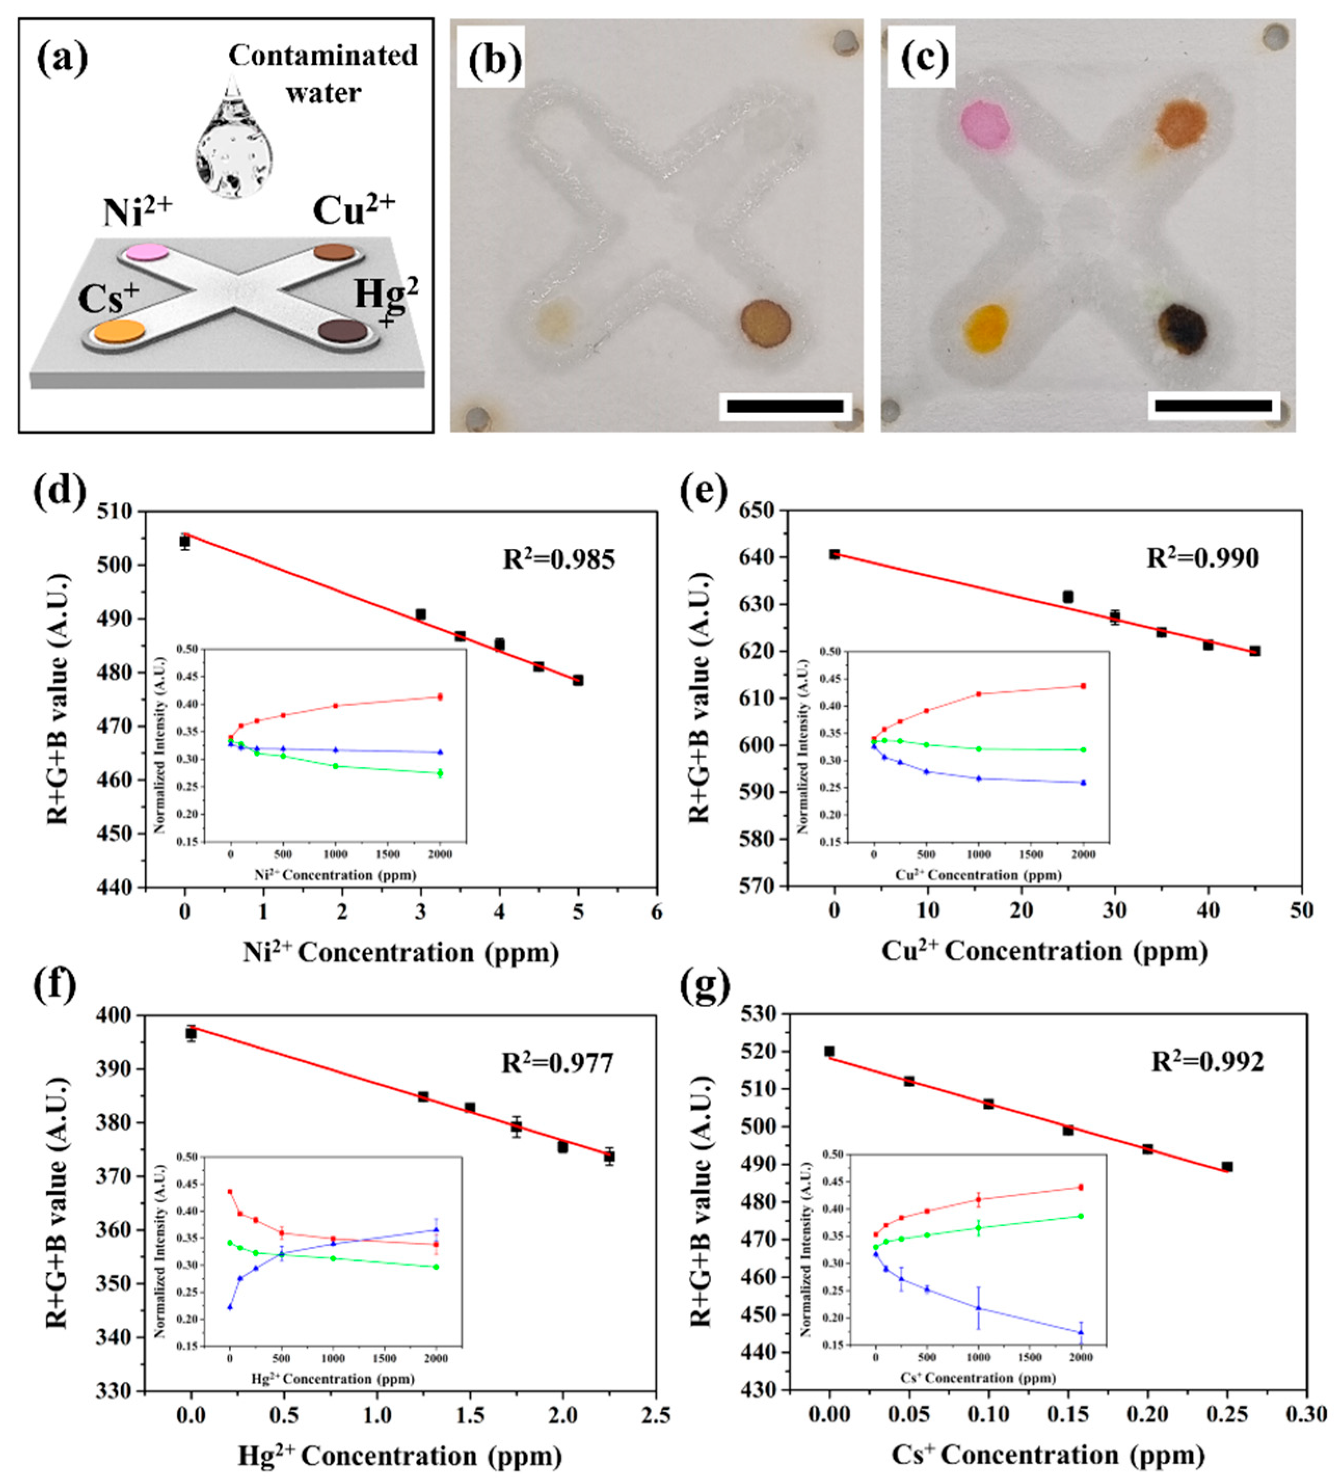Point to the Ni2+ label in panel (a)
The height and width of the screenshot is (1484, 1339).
click(138, 213)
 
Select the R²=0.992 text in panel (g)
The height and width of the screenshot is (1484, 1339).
click(1207, 1061)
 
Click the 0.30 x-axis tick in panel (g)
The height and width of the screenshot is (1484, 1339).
click(1306, 1413)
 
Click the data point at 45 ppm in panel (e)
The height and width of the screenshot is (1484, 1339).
click(1254, 651)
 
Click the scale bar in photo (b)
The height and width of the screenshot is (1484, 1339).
click(785, 406)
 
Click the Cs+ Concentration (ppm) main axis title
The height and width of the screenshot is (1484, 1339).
click(1048, 1454)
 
